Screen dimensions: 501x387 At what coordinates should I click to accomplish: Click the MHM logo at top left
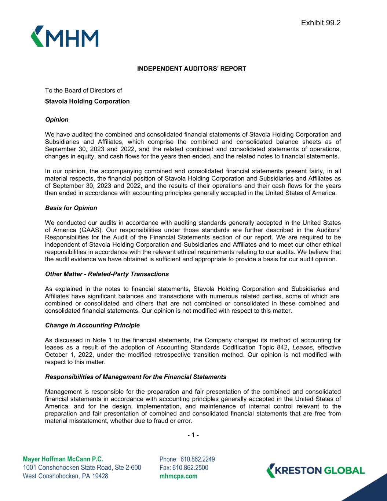coord(65,36)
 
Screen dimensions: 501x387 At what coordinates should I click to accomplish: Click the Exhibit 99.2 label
coord(321,23)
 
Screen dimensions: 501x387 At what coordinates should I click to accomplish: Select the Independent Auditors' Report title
coord(191,69)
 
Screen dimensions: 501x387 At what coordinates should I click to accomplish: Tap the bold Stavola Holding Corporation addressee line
coord(87,101)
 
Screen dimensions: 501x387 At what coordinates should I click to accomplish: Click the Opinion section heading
coord(56,120)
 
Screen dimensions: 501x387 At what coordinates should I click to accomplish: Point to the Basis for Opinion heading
coord(71,208)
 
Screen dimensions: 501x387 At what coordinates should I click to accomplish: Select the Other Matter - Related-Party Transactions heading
coord(107,274)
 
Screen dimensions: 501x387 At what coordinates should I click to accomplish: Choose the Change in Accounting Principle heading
coord(92,326)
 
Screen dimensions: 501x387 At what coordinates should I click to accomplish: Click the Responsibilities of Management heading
coord(135,377)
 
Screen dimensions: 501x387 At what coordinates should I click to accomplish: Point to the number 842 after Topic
coord(283,348)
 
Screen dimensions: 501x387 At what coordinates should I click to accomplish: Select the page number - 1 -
coord(193,435)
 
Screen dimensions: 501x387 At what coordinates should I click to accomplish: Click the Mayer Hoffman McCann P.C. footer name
coord(63,459)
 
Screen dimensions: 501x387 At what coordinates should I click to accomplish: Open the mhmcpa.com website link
coord(178,476)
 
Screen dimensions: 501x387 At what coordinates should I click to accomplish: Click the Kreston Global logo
coord(315,470)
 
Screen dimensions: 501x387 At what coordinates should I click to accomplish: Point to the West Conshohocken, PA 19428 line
coord(65,476)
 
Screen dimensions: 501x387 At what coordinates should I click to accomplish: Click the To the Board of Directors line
coord(83,90)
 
